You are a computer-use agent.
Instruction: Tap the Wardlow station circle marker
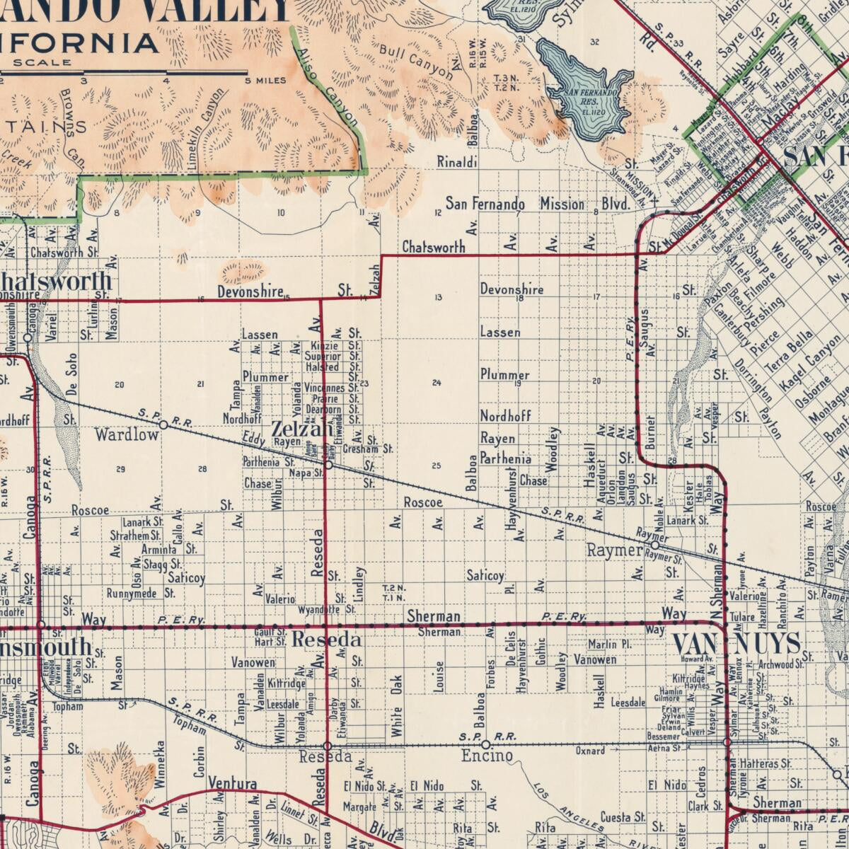pyautogui.click(x=163, y=425)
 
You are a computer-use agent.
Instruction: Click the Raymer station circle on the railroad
pyautogui.click(x=655, y=545)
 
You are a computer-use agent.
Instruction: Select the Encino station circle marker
pyautogui.click(x=485, y=744)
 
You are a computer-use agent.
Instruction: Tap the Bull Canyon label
pyautogui.click(x=415, y=62)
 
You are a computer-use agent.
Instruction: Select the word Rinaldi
pyautogui.click(x=456, y=162)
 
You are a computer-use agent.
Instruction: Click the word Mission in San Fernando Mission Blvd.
pyautogui.click(x=562, y=204)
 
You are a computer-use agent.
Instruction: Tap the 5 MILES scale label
pyautogui.click(x=265, y=80)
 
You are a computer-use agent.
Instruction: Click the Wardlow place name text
pyautogui.click(x=127, y=434)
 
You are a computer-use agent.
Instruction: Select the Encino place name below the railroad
pyautogui.click(x=487, y=756)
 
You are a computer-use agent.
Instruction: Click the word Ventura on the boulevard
pyautogui.click(x=232, y=783)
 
